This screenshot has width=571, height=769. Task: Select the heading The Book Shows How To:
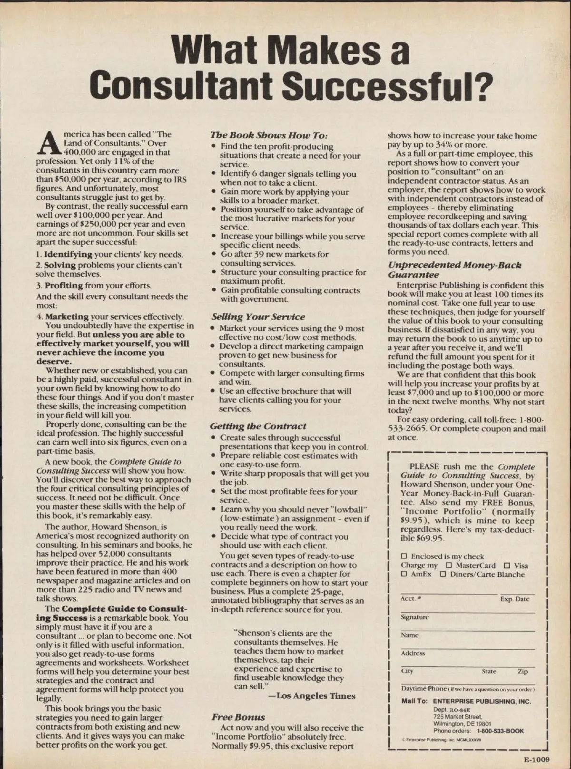pyautogui.click(x=269, y=135)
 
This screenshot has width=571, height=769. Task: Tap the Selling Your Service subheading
pyautogui.click(x=258, y=317)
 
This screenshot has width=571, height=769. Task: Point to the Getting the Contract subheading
pyautogui.click(x=258, y=426)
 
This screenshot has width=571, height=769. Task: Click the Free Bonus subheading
pyautogui.click(x=238, y=717)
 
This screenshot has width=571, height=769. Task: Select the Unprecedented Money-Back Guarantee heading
pyautogui.click(x=454, y=270)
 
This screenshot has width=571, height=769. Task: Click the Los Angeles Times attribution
pyautogui.click(x=316, y=696)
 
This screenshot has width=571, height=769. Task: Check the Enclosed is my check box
pyautogui.click(x=404, y=556)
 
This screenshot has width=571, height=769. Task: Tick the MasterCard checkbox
pyautogui.click(x=448, y=565)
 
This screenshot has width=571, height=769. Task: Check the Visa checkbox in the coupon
pyautogui.click(x=507, y=565)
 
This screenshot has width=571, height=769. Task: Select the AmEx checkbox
pyautogui.click(x=404, y=574)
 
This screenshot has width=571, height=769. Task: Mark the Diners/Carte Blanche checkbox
pyautogui.click(x=443, y=574)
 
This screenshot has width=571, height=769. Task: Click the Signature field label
pyautogui.click(x=414, y=617)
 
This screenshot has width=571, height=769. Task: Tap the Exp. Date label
pyautogui.click(x=514, y=599)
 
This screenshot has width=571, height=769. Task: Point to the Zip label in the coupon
pyautogui.click(x=522, y=672)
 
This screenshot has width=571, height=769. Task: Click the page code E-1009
pyautogui.click(x=537, y=759)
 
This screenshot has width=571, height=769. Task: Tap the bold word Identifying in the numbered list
pyautogui.click(x=69, y=254)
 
